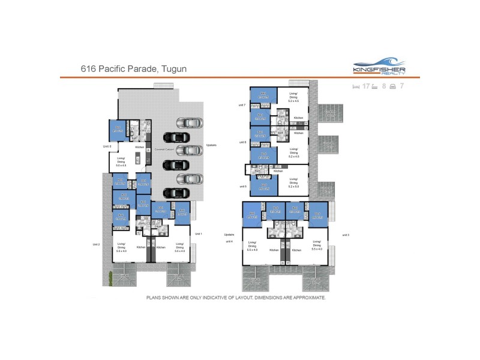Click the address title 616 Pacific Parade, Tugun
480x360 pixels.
[x=133, y=69]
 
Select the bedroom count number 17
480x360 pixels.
[x=366, y=86]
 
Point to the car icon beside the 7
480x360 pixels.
[x=392, y=86]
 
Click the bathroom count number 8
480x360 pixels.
[x=383, y=86]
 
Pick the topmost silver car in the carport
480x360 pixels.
[x=189, y=123]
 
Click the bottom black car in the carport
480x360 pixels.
[x=176, y=193]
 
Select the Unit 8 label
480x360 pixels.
[x=107, y=146]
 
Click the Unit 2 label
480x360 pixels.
[x=96, y=244]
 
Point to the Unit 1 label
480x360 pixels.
[x=197, y=233]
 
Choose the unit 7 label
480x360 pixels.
[x=241, y=105]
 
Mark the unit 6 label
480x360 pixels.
[x=242, y=142]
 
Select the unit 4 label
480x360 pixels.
[x=229, y=241]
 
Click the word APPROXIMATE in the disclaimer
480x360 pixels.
[x=308, y=297]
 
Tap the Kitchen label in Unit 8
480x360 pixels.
[x=140, y=147]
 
